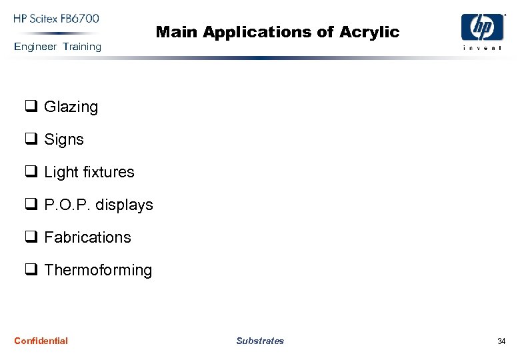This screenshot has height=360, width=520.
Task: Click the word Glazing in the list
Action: coord(71,107)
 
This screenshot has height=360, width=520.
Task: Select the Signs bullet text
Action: coord(64,140)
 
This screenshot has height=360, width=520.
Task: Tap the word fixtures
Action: coord(109,172)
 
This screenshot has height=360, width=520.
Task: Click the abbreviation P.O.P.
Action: coord(67,205)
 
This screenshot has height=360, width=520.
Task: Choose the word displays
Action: coord(124,205)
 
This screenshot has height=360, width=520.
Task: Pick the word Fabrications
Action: coord(87,237)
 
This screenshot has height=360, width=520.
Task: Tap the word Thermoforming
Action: coord(98,270)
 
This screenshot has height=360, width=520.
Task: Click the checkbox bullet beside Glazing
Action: coord(31,107)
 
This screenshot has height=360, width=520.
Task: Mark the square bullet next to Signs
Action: coord(31,139)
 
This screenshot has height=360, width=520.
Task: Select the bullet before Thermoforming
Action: coord(31,270)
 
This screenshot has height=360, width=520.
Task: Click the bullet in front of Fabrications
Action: coord(31,237)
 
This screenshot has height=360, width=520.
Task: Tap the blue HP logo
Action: coord(482,28)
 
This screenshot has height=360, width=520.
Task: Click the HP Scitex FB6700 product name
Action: coord(56,19)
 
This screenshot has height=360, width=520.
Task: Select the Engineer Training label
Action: coord(57,47)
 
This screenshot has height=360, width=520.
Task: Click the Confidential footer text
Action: coord(41,341)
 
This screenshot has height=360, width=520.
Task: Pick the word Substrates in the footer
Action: coord(260,341)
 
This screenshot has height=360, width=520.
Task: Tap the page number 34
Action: coord(501,341)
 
